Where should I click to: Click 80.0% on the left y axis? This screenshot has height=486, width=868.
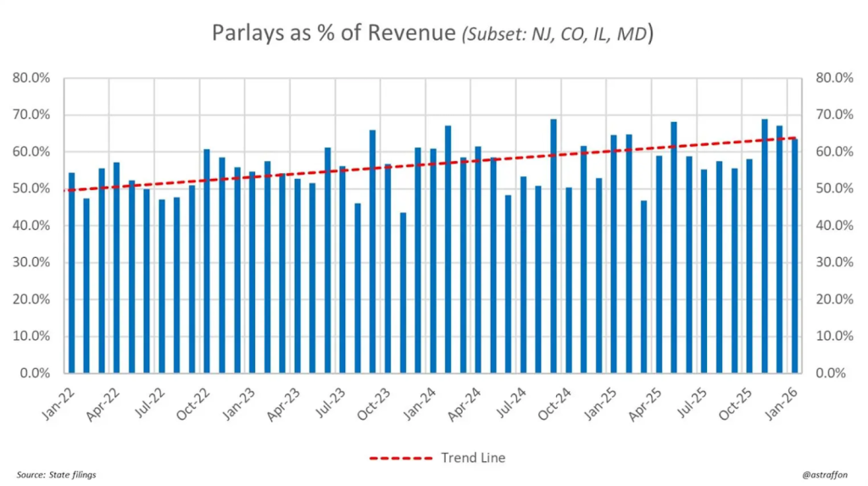click(x=31, y=78)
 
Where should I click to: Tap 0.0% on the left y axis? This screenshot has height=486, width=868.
click(x=35, y=373)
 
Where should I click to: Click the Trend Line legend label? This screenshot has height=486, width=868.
click(x=473, y=458)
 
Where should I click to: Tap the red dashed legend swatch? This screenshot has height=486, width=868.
click(x=401, y=458)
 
